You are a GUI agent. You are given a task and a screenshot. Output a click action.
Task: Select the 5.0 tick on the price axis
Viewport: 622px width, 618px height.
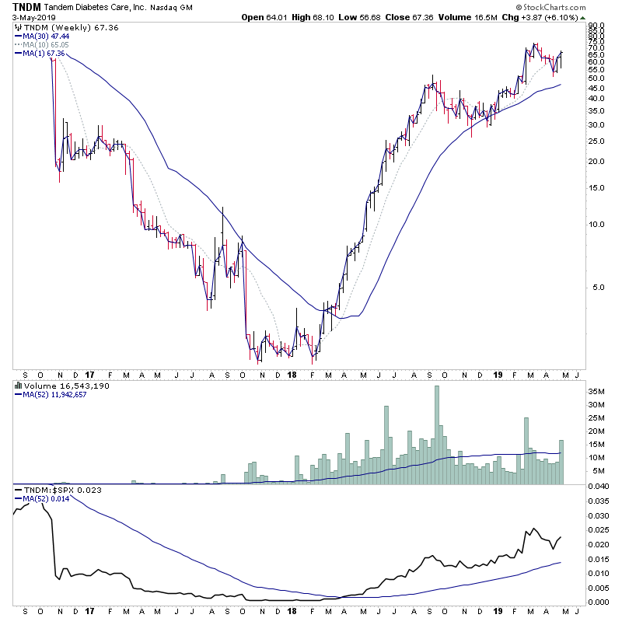click(594, 287)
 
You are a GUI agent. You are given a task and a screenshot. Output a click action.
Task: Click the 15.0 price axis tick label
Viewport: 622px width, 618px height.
click(595, 187)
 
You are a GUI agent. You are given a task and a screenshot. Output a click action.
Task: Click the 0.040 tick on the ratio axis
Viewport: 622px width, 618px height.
click(598, 487)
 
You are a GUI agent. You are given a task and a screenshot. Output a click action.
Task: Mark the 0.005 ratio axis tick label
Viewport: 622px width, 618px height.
click(598, 588)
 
